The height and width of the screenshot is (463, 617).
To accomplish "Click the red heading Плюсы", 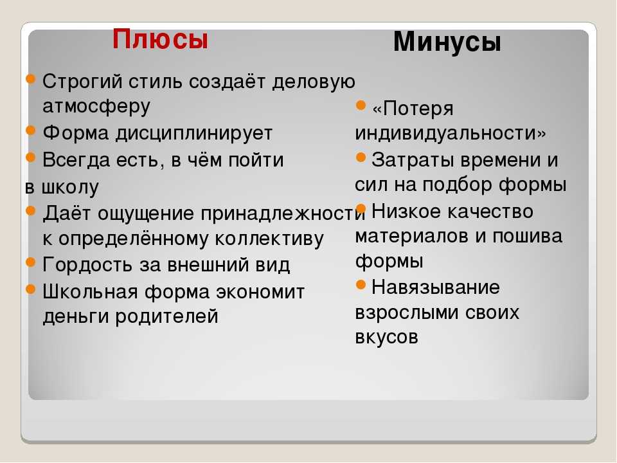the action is tap(160, 40).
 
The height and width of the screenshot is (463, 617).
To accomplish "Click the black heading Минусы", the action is tap(447, 42).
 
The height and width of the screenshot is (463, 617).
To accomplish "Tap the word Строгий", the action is tap(83, 82).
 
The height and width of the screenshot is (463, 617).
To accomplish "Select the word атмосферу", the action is tap(96, 106).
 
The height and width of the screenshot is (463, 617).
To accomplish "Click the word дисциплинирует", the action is tap(193, 134).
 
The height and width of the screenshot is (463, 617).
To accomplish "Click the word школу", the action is tap(70, 187).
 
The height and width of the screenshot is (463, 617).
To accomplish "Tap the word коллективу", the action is tap(269, 239).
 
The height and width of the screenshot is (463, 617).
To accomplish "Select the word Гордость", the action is tap(87, 264).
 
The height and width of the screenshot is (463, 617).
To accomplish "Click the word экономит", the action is tap(260, 292).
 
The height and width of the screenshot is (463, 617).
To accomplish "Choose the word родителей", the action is tap(166, 316).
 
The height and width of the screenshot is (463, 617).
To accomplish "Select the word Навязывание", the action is tap(436, 287).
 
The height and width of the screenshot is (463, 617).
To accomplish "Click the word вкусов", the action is tap(386, 338).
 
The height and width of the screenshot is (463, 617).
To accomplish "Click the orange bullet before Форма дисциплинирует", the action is tap(31, 130).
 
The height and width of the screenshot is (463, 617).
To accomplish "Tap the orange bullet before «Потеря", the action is tap(361, 105).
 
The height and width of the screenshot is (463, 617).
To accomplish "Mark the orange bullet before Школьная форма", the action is tap(31, 289).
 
